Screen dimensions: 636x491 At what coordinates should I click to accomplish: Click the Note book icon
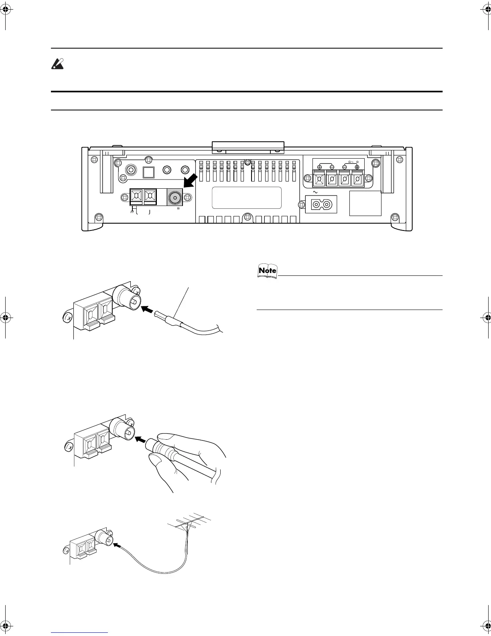[267, 271]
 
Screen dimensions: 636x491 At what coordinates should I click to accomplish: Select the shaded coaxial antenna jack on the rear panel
[175, 198]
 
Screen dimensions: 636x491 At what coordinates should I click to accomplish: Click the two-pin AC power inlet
[321, 204]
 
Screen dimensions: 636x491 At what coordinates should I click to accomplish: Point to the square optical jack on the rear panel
[149, 171]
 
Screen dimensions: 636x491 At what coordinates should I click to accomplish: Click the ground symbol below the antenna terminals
[132, 211]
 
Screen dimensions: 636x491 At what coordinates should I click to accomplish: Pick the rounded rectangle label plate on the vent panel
[247, 198]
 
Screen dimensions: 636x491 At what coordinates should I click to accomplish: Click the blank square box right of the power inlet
[365, 203]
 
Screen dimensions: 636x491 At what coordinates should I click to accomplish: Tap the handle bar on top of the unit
[248, 147]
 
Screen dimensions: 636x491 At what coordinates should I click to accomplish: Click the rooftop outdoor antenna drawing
[192, 523]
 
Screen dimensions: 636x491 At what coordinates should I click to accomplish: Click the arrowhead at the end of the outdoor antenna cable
[117, 545]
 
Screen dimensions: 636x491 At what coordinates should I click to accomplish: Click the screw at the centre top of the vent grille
[248, 162]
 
